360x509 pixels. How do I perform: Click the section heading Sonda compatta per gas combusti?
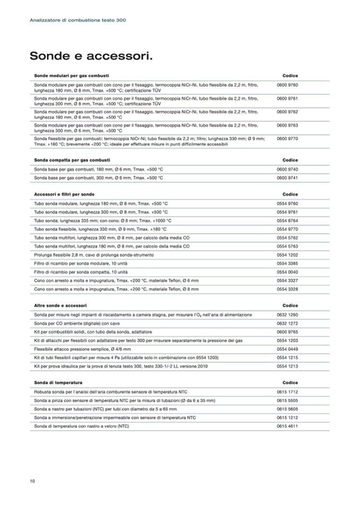(72, 160)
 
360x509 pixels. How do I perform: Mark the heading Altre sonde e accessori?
(60, 306)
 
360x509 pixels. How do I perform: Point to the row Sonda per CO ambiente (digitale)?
(77, 323)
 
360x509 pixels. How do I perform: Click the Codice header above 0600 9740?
(290, 160)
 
